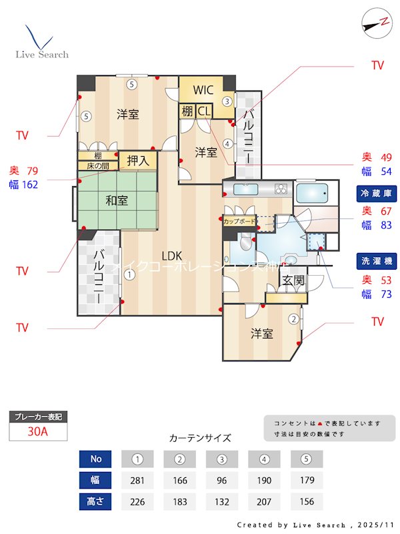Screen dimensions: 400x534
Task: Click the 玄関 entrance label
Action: point(293,281)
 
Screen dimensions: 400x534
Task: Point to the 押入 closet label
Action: point(138,160)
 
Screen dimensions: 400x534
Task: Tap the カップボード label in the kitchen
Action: point(238,220)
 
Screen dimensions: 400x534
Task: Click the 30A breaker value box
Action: point(38,431)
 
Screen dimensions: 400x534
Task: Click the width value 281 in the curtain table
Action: point(138,481)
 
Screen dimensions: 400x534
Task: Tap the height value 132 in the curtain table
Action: point(222,501)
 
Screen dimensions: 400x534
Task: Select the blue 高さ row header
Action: point(96,501)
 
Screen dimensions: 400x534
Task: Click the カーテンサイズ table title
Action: point(200,439)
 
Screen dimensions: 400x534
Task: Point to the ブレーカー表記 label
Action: point(38,417)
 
